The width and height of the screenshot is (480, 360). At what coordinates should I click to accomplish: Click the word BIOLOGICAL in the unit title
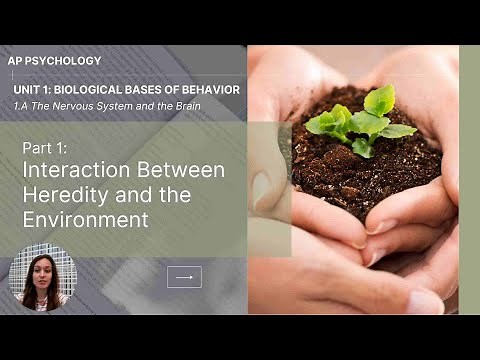click(104, 90)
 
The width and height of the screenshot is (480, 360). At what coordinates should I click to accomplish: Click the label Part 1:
click(45, 148)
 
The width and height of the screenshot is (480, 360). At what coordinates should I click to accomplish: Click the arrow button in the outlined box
click(184, 277)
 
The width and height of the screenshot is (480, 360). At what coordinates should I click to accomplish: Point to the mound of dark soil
click(365, 165)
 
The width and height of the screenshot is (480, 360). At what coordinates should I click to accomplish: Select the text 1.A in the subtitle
click(37, 107)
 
